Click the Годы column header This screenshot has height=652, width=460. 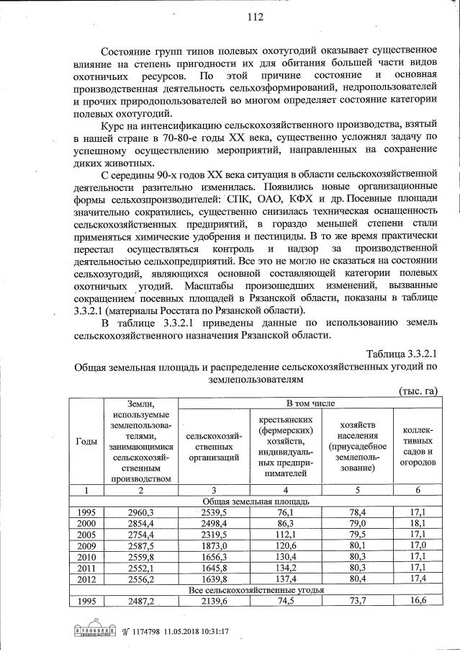tap(86, 441)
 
